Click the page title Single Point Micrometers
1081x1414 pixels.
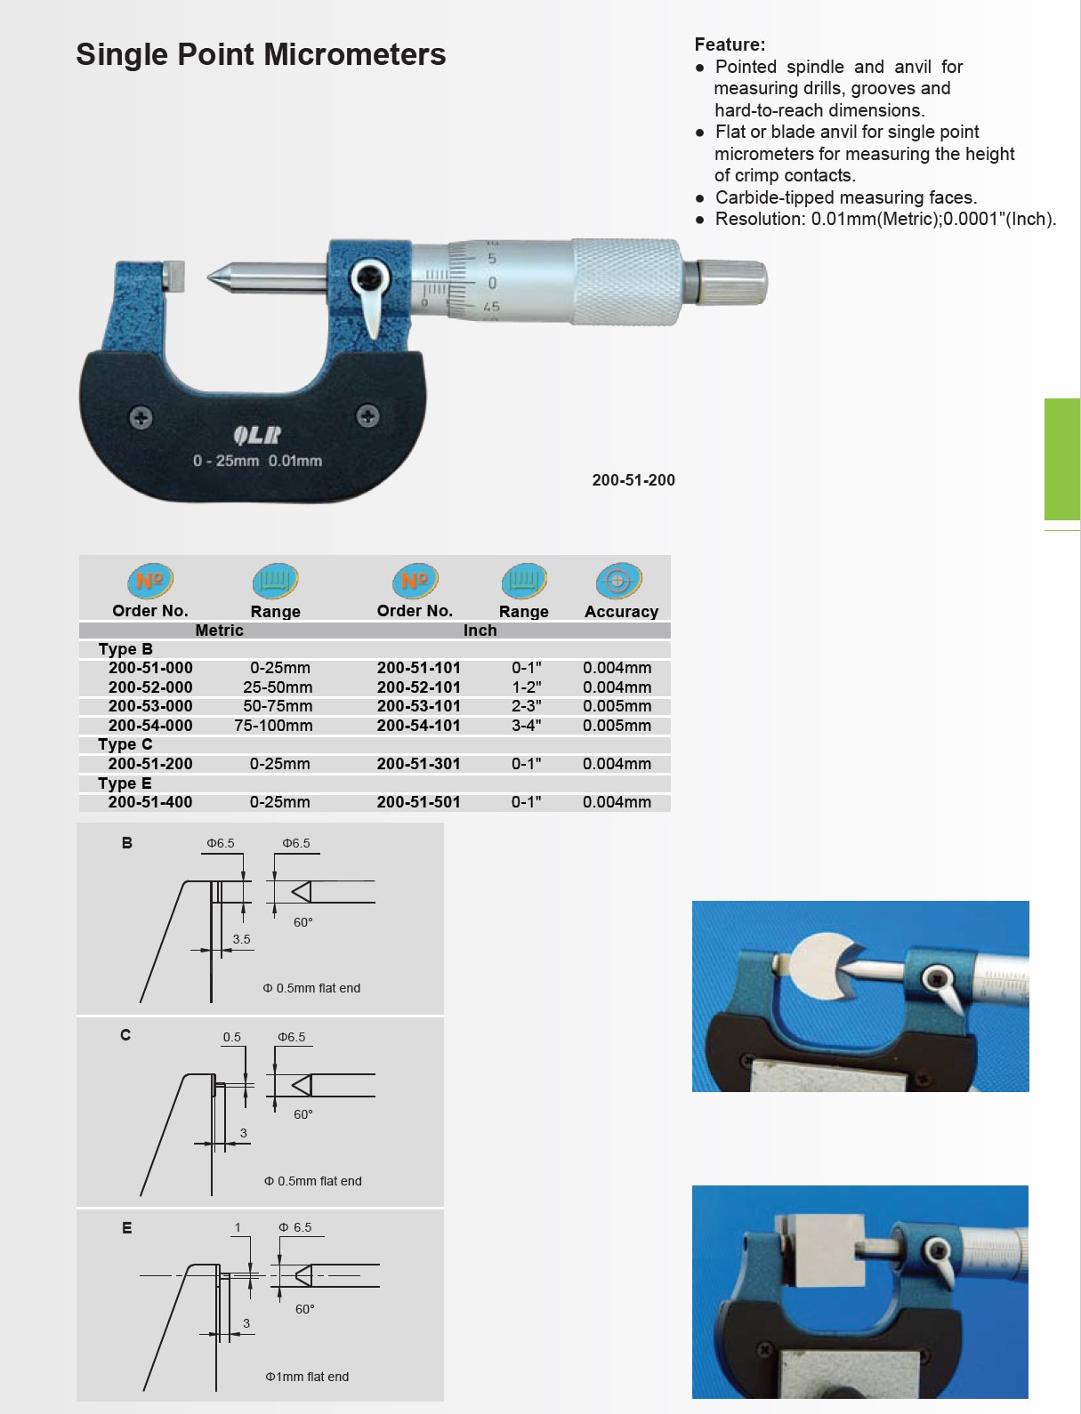[x=261, y=55]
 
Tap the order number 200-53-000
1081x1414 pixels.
[x=150, y=706]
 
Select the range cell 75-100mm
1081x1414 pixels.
[x=273, y=726]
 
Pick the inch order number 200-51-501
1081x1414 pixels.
[x=418, y=802]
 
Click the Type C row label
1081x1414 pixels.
[x=125, y=744]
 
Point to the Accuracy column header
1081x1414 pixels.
[x=621, y=611]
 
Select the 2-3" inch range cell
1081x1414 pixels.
[x=526, y=706]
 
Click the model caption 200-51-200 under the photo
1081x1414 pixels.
[x=633, y=480]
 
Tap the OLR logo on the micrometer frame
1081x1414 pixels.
[x=257, y=435]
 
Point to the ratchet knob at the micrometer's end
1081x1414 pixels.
[x=731, y=282]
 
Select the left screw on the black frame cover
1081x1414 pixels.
[x=141, y=417]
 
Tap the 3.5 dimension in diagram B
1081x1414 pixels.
[x=241, y=939]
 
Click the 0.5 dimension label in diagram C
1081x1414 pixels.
[x=232, y=1037]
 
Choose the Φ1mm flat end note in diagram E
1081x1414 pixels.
[x=307, y=1377]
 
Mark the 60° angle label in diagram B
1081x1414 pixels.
[x=303, y=922]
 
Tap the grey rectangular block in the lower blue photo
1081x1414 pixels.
[x=823, y=1249]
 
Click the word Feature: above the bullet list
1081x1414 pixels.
[x=730, y=44]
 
